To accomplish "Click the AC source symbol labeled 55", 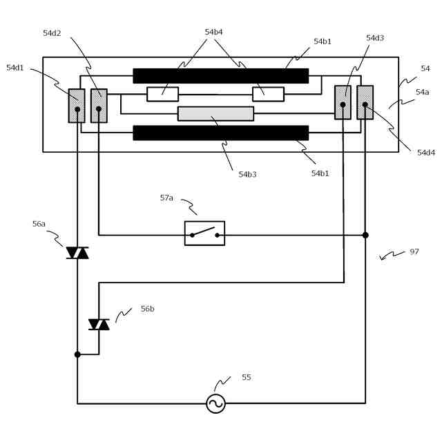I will [215, 403].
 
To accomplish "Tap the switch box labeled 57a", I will [204, 233].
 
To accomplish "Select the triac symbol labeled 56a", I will [77, 253].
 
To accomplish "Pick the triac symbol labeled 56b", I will [99, 324].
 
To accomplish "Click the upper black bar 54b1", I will [220, 75].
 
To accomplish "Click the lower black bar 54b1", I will [220, 133].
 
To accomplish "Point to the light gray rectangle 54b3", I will [215, 113].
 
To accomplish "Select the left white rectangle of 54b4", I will [162, 94].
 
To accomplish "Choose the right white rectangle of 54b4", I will [268, 94].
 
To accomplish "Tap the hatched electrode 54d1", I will [77, 106].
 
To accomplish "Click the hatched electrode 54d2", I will [99, 106].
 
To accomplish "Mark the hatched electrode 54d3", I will [343, 102].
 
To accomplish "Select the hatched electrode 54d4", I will [365, 102].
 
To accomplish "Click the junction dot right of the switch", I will [365, 235].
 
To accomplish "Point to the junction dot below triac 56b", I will [77, 354].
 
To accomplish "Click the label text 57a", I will [166, 198].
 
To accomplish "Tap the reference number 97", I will [414, 252].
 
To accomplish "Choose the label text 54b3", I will [247, 175].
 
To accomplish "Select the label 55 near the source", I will [247, 378].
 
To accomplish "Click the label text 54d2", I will [52, 33].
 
